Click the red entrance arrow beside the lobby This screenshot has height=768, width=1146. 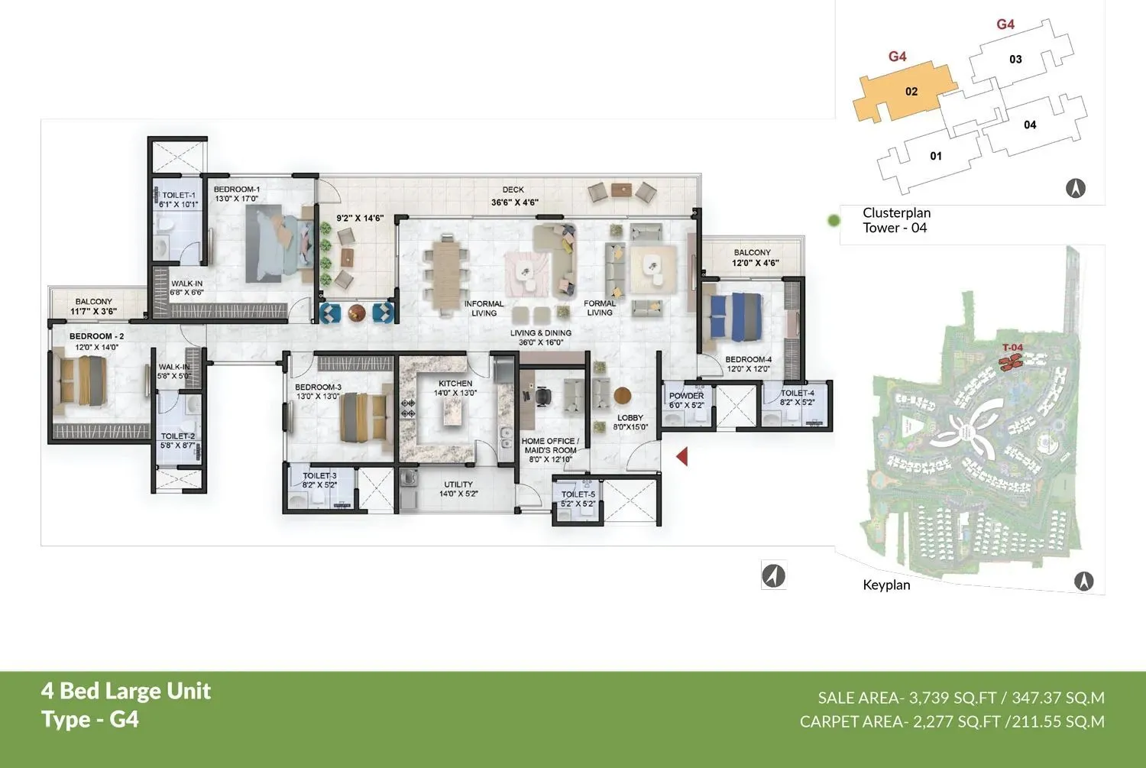[x=682, y=456]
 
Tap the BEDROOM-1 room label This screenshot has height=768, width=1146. [x=236, y=190]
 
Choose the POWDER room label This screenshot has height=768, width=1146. [x=686, y=396]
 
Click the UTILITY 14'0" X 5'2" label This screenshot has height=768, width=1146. [x=458, y=489]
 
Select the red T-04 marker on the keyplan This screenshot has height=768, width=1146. [x=1012, y=359]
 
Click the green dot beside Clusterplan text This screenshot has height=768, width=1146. [x=834, y=221]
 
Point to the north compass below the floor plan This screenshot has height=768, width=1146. [x=774, y=575]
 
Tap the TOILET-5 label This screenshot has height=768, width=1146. [x=578, y=494]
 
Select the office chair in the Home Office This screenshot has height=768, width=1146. [x=542, y=396]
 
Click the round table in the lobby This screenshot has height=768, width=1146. [x=623, y=395]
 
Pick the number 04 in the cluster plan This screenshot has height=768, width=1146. [x=1030, y=125]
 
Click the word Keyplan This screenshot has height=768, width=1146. [x=886, y=585]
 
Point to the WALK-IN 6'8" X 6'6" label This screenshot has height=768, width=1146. [x=186, y=287]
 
